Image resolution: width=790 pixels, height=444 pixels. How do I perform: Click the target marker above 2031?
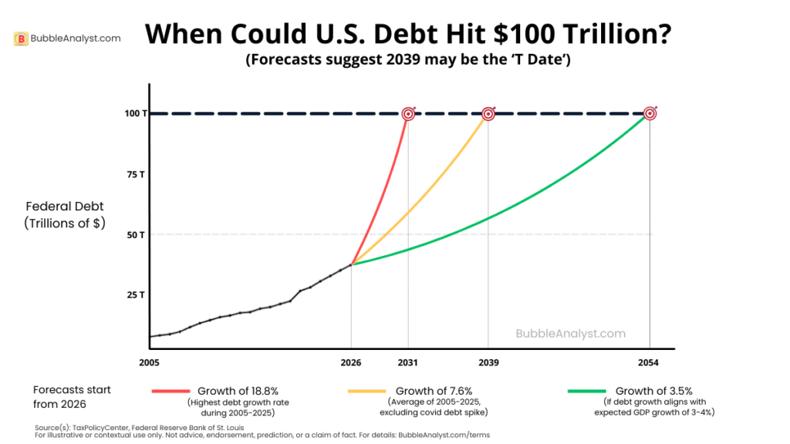[408, 114]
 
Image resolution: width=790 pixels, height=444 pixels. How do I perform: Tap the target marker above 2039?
[488, 114]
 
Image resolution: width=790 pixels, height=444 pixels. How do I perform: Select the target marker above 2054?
[650, 114]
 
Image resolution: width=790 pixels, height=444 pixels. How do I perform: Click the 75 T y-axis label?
[136, 174]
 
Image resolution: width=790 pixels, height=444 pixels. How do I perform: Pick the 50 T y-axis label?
[136, 234]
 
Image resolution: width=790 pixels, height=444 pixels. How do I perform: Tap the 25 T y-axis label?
[136, 294]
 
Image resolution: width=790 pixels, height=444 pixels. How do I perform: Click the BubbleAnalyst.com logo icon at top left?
[22, 39]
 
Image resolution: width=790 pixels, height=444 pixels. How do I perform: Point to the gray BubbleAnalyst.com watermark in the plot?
[570, 334]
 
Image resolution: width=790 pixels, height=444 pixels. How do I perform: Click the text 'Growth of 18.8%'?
[238, 391]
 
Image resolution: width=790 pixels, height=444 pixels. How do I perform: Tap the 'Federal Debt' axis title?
[65, 207]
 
